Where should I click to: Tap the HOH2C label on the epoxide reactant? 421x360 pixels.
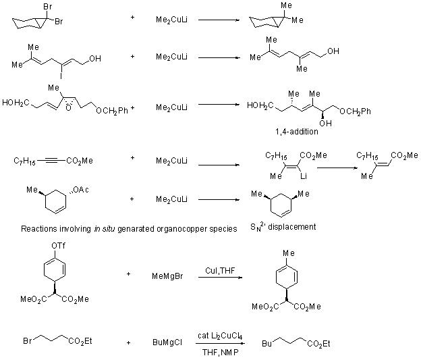point(16,103)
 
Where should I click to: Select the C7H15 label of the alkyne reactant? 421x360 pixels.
point(25,161)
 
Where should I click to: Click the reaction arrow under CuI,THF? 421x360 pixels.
point(217,276)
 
